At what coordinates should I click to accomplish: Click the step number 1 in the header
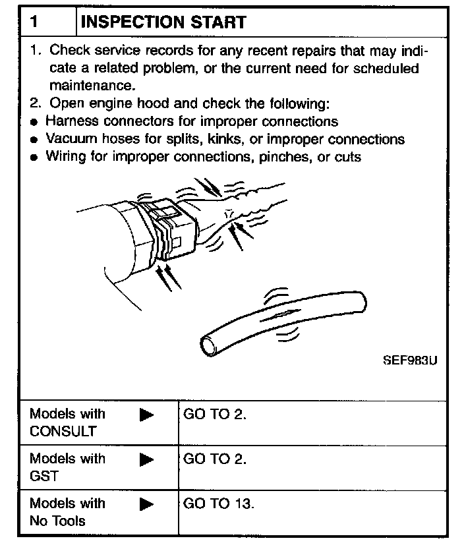[34, 22]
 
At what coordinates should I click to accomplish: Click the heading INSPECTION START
[163, 22]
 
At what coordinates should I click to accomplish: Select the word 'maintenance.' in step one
[92, 85]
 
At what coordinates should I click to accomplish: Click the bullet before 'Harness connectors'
[34, 123]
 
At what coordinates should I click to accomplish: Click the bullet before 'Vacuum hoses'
[34, 140]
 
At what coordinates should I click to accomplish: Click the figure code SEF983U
[409, 361]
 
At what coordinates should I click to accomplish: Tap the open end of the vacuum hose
[210, 341]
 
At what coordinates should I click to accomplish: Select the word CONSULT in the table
[63, 432]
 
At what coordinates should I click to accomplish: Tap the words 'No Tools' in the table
[57, 521]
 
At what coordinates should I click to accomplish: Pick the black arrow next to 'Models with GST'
[146, 459]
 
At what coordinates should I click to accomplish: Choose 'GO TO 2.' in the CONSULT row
[215, 415]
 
